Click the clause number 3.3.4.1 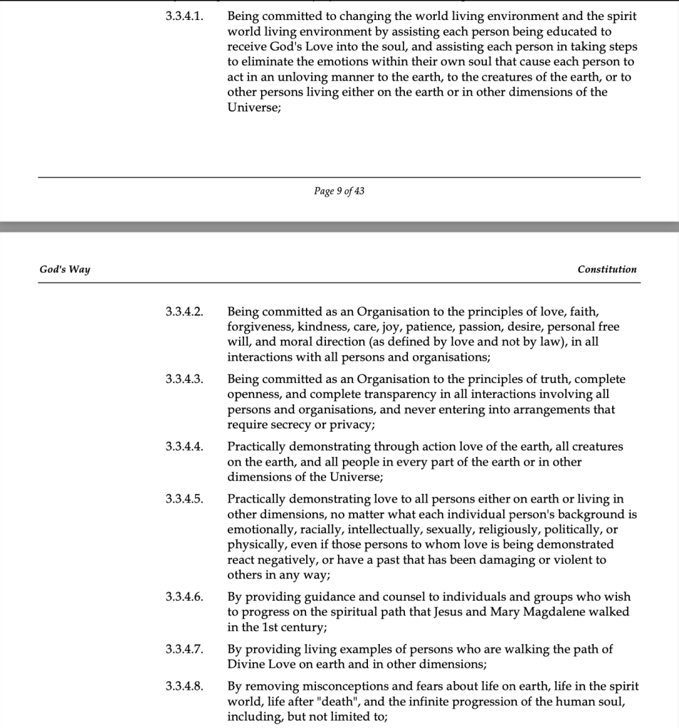[184, 16]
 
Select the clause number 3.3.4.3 [184, 379]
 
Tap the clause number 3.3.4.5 [184, 499]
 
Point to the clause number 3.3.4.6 [184, 597]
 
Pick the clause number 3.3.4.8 [184, 687]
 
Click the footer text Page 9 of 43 [339, 191]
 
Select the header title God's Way [65, 270]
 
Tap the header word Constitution [607, 270]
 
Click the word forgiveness [258, 327]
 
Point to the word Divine [246, 665]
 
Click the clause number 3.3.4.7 [184, 650]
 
